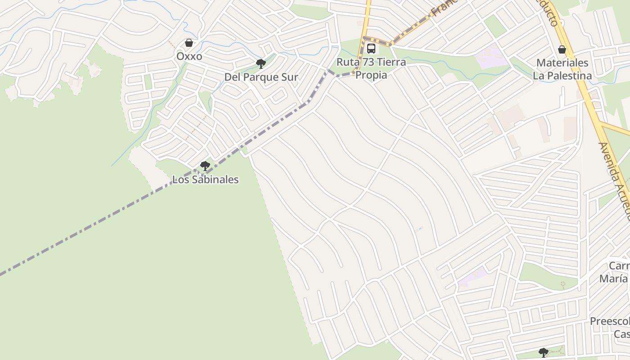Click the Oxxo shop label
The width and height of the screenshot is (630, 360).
pos(189,57)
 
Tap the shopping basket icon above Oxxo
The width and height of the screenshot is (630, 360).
pos(189,43)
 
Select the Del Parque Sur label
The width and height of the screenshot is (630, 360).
pos(261,77)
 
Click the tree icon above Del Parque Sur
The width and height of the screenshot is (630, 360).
pos(261,63)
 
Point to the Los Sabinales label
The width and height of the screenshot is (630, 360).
pos(205,180)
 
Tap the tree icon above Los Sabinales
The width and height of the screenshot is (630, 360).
pos(205,166)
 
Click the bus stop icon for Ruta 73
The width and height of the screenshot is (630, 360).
pos(371,49)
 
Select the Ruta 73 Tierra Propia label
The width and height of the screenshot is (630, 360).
pos(371,68)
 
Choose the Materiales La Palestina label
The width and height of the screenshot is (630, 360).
pos(562,69)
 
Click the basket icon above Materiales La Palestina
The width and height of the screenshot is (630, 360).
pos(562,49)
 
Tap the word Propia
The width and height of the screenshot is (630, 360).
pos(371,75)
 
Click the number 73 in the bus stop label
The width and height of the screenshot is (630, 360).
pos(369,62)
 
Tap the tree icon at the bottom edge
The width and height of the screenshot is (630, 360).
pos(544,352)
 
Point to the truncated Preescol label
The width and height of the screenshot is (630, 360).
pos(610,322)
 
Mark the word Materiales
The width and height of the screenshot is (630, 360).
pos(562,63)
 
